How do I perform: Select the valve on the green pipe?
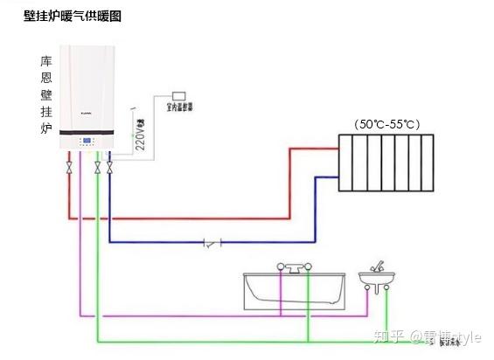tap(97, 166)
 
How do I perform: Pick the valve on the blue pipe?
tap(109, 166)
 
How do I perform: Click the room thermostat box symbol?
tap(179, 93)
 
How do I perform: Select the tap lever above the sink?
tap(378, 265)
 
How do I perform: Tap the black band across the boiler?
tap(89, 131)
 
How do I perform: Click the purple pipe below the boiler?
tap(80, 262)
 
